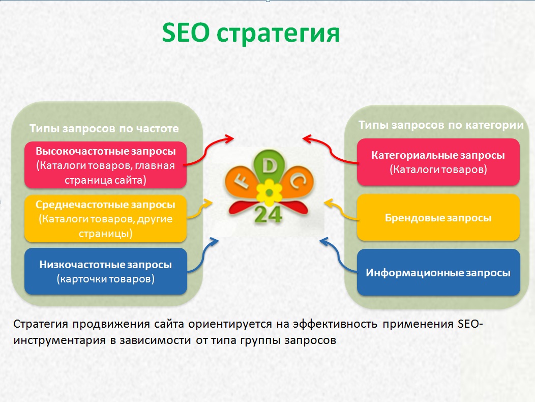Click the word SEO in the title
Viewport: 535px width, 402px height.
tap(186, 33)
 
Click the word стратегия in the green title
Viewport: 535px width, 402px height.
tap(278, 34)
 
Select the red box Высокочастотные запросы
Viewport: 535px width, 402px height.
tap(105, 165)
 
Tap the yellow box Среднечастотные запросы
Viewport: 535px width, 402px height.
tap(105, 219)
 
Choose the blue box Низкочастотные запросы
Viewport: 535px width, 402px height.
tap(105, 272)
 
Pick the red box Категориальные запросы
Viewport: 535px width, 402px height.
tap(438, 162)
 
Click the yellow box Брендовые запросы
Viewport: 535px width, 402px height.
tap(438, 218)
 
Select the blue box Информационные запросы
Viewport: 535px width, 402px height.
tap(438, 272)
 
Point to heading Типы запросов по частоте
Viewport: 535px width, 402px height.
tap(104, 128)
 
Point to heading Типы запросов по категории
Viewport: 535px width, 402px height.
tap(441, 125)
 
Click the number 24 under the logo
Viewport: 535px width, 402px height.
tap(268, 215)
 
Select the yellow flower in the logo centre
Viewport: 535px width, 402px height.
tap(269, 193)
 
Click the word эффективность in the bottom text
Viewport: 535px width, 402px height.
tap(335, 324)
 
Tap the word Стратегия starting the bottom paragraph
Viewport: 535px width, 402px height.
tap(41, 324)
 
